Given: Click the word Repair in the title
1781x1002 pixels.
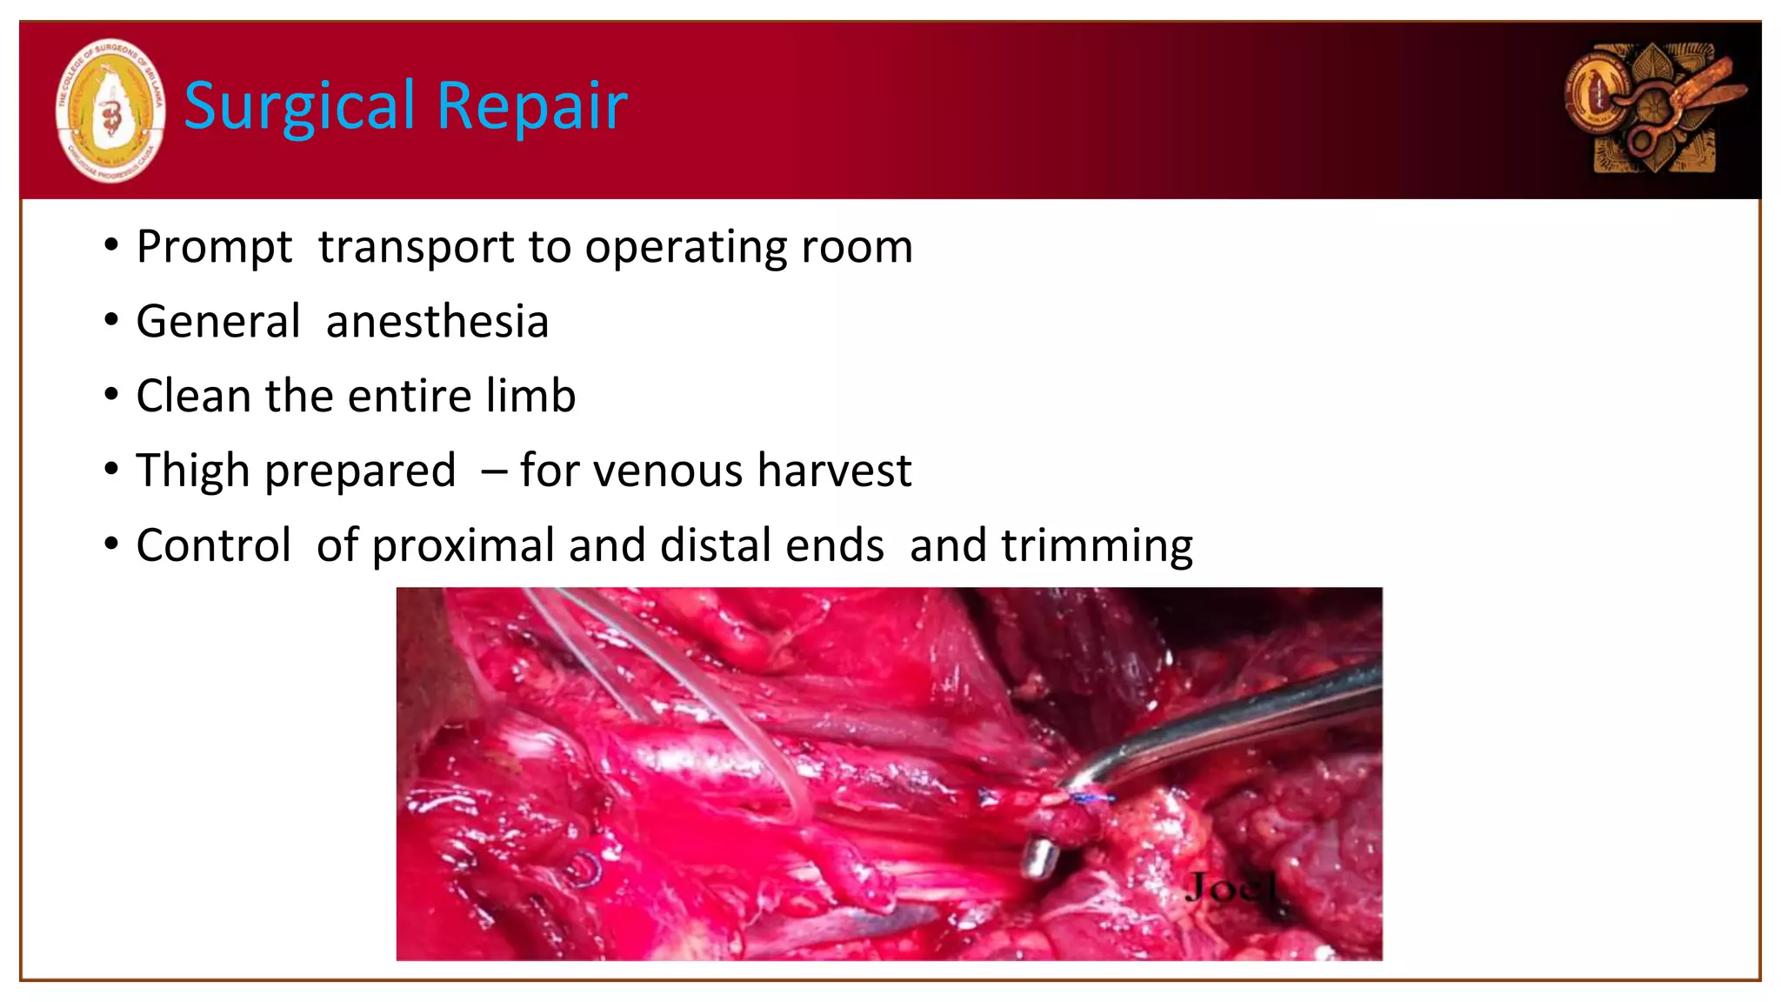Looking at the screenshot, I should pos(531,106).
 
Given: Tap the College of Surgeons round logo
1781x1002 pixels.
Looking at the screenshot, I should pos(110,110).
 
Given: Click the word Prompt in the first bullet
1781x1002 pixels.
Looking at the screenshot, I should pos(214,247).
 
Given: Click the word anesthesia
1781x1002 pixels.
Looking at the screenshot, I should pos(437,322).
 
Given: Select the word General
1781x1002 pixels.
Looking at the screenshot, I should pos(218,322).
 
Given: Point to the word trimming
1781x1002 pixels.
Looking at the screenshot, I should pos(1097,546).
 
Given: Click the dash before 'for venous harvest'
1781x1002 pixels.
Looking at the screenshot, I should pos(494,472).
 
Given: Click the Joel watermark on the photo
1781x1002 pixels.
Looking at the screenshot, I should pos(1231,888).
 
